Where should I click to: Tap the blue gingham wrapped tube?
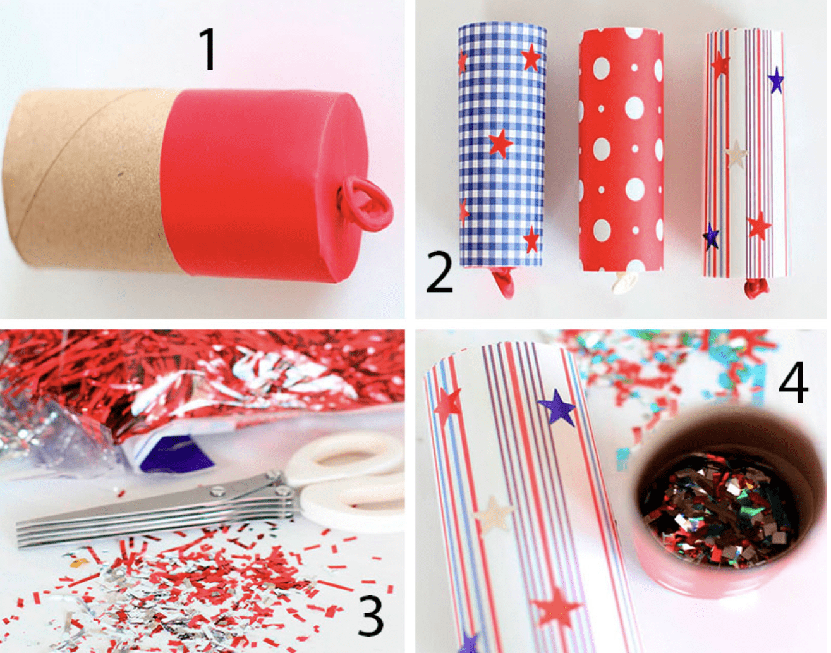point(502,145)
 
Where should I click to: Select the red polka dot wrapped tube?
point(621,151)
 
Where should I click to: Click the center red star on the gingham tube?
point(500,142)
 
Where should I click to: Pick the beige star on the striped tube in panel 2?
point(736,154)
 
